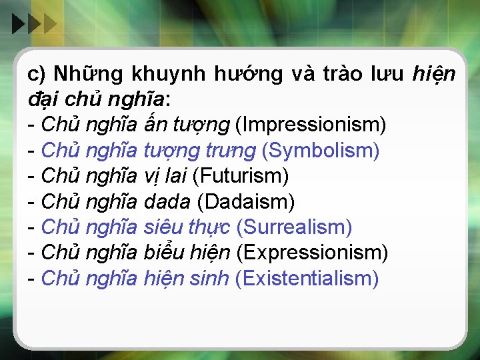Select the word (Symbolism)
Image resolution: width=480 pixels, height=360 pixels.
pyautogui.click(x=321, y=151)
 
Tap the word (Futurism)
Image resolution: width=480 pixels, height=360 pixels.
pyautogui.click(x=240, y=176)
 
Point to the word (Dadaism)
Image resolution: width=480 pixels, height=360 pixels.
pyautogui.click(x=246, y=201)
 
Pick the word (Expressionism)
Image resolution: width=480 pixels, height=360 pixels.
pyautogui.click(x=312, y=253)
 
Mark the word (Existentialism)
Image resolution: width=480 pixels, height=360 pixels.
pyautogui.click(x=307, y=278)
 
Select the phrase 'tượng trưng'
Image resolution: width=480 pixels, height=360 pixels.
pyautogui.click(x=199, y=151)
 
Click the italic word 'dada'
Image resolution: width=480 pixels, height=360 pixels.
pyautogui.click(x=167, y=201)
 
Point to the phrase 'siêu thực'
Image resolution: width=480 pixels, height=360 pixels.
pyautogui.click(x=187, y=227)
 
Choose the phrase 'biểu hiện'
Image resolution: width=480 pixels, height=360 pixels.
pyautogui.click(x=187, y=253)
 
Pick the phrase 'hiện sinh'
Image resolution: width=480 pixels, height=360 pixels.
pyautogui.click(x=187, y=278)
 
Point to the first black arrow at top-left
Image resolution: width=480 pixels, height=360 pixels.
pyautogui.click(x=18, y=25)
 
